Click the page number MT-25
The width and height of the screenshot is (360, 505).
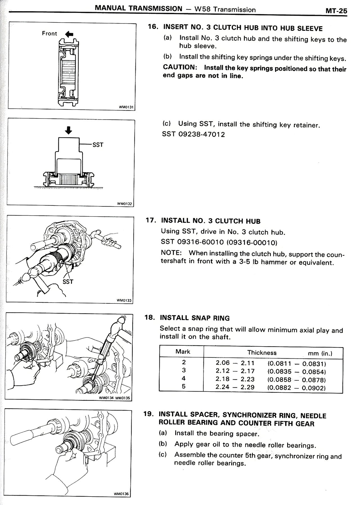(x=336, y=11)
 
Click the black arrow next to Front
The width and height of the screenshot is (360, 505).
(x=69, y=34)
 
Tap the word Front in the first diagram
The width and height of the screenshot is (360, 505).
(x=49, y=33)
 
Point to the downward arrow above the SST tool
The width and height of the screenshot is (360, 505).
(x=69, y=130)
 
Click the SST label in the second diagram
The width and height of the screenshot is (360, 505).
(x=98, y=145)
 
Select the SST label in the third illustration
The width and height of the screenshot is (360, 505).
(x=68, y=281)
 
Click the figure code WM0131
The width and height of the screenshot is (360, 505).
(x=126, y=107)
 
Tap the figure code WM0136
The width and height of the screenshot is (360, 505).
(x=121, y=494)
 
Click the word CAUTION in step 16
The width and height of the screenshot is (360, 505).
(x=179, y=67)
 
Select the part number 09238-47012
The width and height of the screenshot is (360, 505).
(x=202, y=134)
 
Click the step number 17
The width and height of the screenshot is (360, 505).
(x=151, y=220)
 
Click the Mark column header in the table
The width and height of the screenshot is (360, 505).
(x=183, y=352)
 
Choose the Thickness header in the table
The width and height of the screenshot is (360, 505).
(x=262, y=353)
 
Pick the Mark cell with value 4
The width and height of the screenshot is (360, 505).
(x=184, y=378)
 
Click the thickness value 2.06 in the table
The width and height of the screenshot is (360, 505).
(x=223, y=363)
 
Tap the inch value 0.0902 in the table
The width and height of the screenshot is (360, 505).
(x=313, y=388)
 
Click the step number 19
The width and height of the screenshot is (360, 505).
(x=148, y=414)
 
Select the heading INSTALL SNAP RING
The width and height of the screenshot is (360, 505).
(x=195, y=318)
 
